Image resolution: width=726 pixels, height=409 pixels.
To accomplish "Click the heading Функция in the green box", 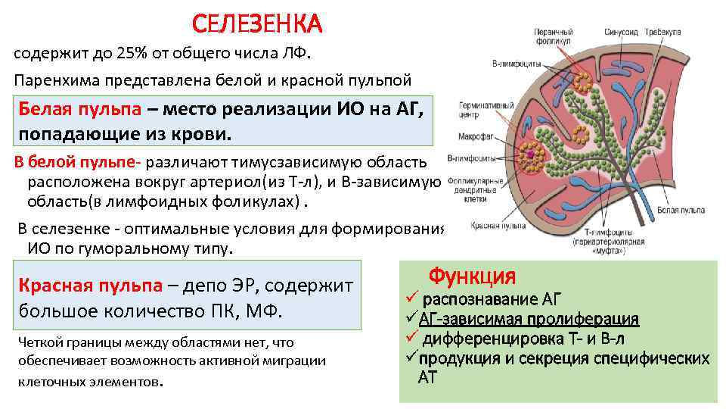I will point(472,275).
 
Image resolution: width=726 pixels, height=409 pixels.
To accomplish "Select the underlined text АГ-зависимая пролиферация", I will point(529,319).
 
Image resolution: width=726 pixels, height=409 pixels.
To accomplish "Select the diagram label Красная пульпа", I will point(488,226).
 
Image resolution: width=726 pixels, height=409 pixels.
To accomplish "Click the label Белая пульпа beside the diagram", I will point(675,208).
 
